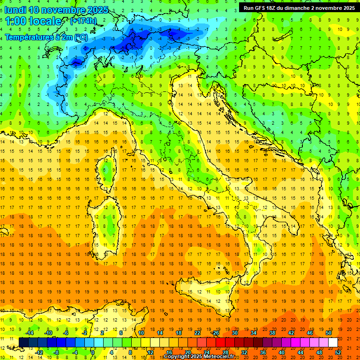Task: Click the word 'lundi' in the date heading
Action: (x=15, y=10)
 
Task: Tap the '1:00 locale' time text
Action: (x=33, y=21)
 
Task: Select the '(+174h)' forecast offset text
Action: (x=83, y=21)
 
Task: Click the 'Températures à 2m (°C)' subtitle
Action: (x=46, y=37)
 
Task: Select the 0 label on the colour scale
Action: (x=93, y=352)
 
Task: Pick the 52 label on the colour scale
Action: (x=338, y=352)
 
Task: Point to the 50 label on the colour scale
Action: (x=329, y=333)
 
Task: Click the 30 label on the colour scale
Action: (x=234, y=333)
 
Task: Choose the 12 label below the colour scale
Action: (x=150, y=352)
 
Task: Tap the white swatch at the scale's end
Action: (x=333, y=342)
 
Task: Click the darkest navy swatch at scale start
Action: (x=23, y=342)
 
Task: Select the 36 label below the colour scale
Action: (x=263, y=352)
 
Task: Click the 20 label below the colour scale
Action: (x=187, y=352)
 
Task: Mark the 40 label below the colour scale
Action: (x=282, y=352)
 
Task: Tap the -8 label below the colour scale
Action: (x=57, y=352)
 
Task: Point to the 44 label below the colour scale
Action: (x=300, y=352)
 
